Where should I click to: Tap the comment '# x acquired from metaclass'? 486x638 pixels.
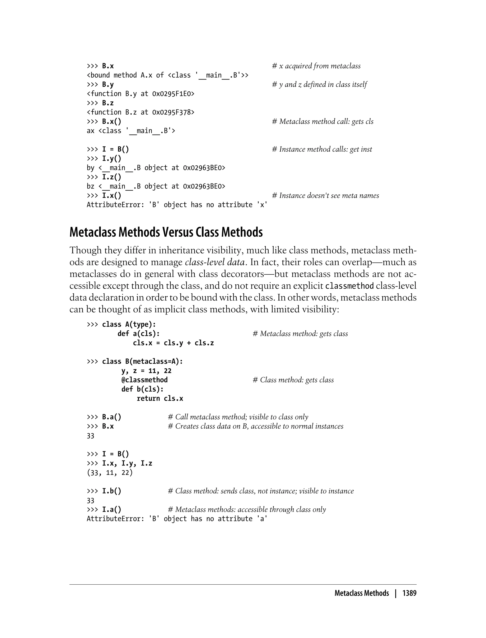pyautogui.click(x=316, y=66)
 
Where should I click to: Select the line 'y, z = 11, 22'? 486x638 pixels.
pyautogui.click(x=146, y=371)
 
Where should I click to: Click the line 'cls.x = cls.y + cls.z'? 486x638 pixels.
pyautogui.click(x=173, y=343)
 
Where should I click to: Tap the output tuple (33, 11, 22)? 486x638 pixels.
pyautogui.click(x=110, y=473)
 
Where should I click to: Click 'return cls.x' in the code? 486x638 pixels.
pyautogui.click(x=160, y=399)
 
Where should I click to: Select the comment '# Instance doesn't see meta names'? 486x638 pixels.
pyautogui.click(x=325, y=196)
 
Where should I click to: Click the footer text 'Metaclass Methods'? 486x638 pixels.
pyautogui.click(x=362, y=593)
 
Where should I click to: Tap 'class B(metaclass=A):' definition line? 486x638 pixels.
pyautogui.click(x=142, y=361)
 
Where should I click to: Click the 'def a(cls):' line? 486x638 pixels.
pyautogui.click(x=139, y=334)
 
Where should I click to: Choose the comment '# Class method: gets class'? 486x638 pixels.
pyautogui.click(x=293, y=380)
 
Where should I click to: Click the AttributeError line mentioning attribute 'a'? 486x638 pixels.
pyautogui.click(x=177, y=519)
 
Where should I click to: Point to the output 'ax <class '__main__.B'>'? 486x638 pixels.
pyautogui.click(x=131, y=131)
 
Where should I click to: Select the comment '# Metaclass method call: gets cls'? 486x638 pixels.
pyautogui.click(x=322, y=122)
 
